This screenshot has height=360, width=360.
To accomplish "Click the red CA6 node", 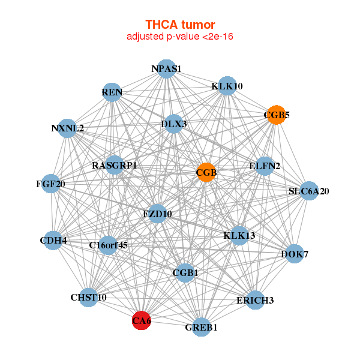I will click(142, 321).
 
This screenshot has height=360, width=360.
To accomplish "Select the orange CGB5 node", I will click(275, 115).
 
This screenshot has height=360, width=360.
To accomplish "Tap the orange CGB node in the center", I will click(206, 172).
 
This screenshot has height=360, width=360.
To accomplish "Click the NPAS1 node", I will click(166, 69).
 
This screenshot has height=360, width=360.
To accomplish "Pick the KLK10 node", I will click(227, 86).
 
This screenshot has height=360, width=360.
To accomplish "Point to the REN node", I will click(112, 93).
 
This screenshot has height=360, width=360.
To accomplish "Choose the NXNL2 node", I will click(68, 128).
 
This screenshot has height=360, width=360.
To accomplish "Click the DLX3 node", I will click(173, 124).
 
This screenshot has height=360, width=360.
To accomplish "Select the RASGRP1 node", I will click(115, 165).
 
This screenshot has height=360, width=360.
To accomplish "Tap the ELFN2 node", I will click(265, 167).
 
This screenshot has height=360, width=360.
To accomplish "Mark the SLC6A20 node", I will click(308, 191).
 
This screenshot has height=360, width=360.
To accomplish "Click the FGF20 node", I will click(50, 184).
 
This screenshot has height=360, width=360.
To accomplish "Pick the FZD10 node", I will click(157, 214).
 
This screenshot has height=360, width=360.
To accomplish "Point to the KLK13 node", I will click(239, 235).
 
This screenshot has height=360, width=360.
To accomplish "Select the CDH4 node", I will click(53, 241).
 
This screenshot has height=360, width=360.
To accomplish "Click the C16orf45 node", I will click(108, 245).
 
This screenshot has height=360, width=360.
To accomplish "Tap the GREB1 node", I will click(202, 327).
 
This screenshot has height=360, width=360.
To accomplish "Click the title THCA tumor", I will click(180, 25).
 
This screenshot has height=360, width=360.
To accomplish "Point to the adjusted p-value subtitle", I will click(180, 37).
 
